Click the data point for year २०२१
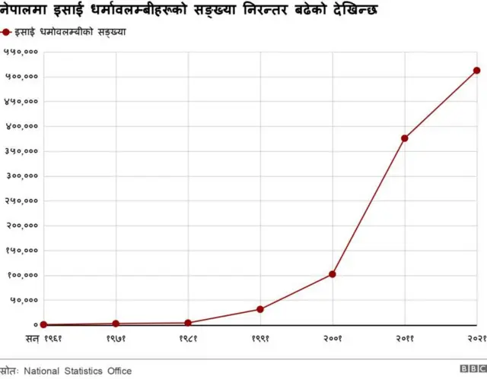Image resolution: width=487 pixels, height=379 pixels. point(476,71)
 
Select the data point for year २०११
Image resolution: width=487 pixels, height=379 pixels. point(404,138)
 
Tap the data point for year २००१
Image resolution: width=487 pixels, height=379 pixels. point(333,274)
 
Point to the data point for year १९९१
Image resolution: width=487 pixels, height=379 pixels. point(260,309)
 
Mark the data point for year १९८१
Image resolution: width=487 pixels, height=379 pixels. point(188,323)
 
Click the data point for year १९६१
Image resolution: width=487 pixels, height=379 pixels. point(43,324)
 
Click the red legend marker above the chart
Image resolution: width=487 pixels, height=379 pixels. point(7,33)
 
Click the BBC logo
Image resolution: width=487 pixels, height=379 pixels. point(471,370)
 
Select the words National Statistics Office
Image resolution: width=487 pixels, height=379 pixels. point(77,371)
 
